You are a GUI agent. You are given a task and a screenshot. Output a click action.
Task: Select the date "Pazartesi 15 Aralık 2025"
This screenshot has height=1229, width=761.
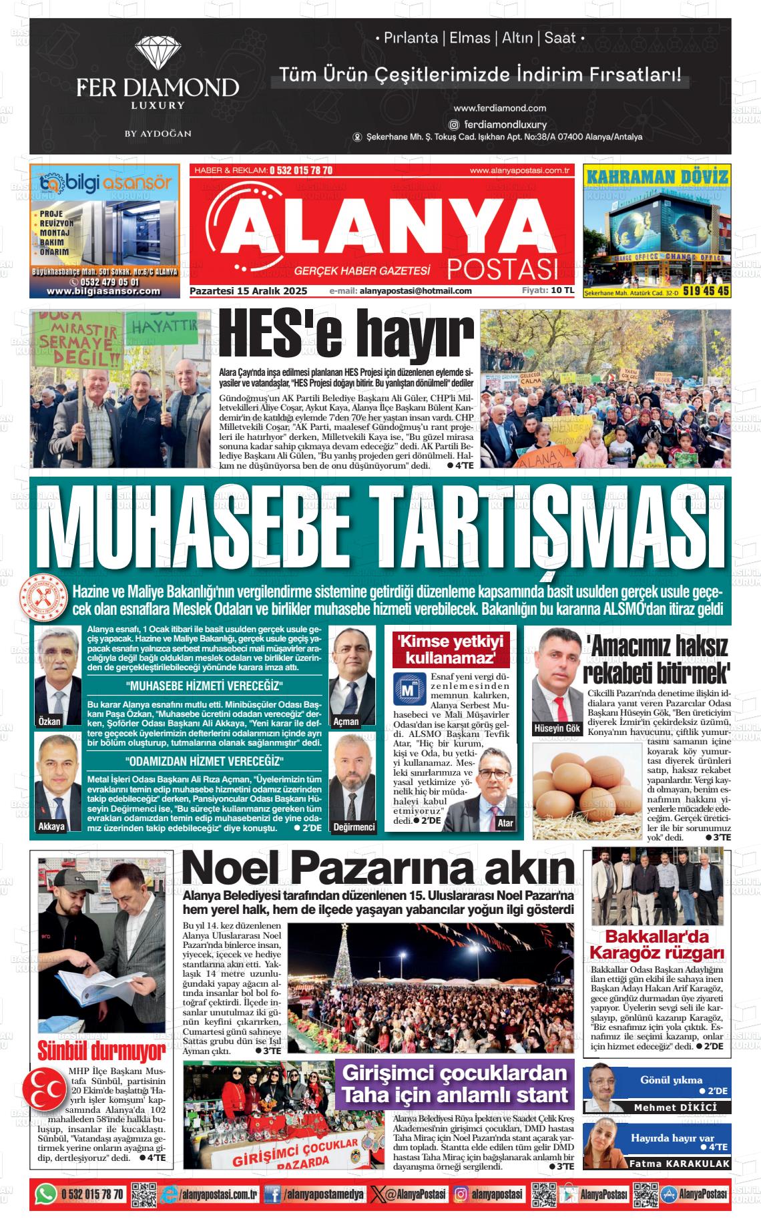point(248,291)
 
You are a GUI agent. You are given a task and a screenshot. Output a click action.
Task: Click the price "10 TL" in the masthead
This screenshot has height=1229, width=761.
point(562,290)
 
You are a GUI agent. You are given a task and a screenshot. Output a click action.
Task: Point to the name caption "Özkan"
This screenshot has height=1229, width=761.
point(49,721)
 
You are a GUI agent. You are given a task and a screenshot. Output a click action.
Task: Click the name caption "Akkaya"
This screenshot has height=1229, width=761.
point(51,826)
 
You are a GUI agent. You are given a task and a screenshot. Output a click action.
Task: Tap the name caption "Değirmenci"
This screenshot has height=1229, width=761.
point(354,826)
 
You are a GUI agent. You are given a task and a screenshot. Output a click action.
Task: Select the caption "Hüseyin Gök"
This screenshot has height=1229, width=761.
point(557,728)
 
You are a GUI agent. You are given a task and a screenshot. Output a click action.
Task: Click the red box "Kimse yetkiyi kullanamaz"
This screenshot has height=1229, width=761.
point(450,650)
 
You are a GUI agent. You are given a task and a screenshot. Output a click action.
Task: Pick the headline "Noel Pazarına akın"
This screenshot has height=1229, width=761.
point(378,869)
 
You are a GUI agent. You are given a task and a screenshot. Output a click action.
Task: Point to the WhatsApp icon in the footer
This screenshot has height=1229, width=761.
point(45,1194)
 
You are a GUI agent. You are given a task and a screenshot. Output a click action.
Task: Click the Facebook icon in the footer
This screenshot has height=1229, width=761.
point(272,1194)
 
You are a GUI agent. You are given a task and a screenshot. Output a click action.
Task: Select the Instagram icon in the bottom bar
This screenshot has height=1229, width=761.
point(461,1194)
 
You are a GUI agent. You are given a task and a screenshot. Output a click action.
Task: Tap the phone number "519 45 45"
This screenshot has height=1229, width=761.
point(706,291)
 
